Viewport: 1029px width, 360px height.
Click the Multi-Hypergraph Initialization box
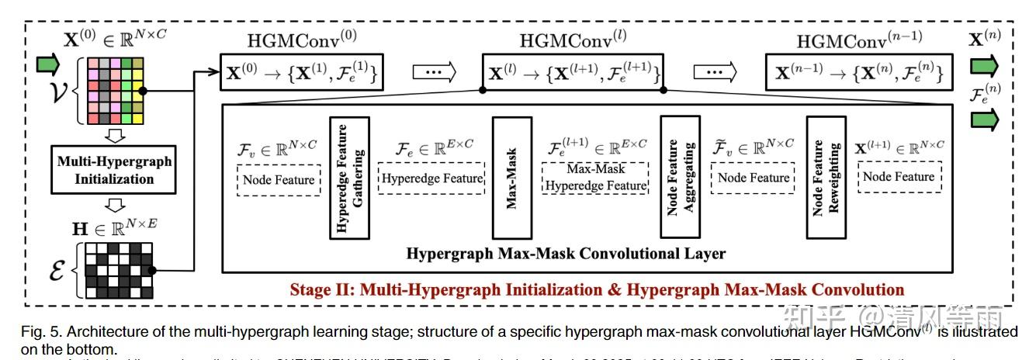point(114,170)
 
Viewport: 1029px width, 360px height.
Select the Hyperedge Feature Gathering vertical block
point(349,177)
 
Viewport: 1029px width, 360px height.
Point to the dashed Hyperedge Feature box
point(431,178)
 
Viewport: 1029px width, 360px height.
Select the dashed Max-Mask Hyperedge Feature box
point(595,178)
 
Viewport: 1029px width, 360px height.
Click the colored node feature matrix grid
point(114,91)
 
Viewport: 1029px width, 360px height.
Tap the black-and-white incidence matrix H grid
point(114,271)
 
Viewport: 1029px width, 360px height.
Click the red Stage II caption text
point(597,290)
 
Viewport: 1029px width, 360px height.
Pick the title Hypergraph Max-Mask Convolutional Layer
point(566,253)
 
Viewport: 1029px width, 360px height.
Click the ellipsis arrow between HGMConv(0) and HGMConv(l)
point(434,72)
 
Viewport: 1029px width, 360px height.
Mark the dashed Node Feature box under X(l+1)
point(898,177)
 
